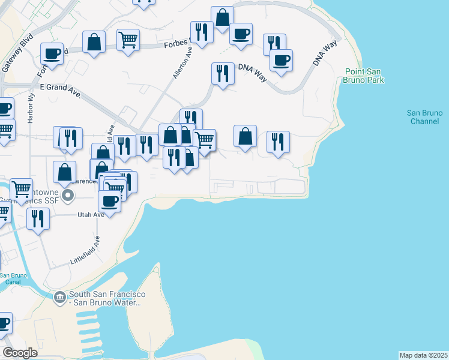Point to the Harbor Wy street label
click(x=30, y=108)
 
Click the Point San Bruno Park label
click(x=364, y=76)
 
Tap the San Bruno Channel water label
click(x=424, y=117)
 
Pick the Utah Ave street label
click(x=91, y=214)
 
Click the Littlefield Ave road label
click(x=85, y=250)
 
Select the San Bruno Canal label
click(x=13, y=278)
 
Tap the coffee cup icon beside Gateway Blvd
click(x=52, y=53)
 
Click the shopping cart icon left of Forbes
click(x=128, y=40)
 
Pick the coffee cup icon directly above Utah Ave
click(x=109, y=200)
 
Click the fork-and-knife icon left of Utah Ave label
click(x=38, y=218)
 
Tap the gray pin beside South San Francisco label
click(x=59, y=297)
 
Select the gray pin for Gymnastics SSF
click(x=68, y=195)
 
